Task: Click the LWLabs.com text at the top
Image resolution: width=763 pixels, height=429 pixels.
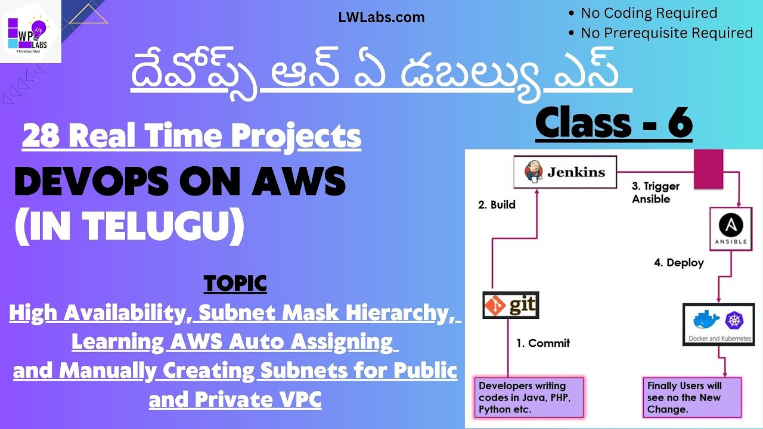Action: point(381,17)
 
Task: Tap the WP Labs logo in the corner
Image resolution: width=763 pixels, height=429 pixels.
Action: point(31,32)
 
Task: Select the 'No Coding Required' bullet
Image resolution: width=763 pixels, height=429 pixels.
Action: point(649,13)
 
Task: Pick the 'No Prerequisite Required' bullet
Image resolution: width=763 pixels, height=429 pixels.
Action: point(666,33)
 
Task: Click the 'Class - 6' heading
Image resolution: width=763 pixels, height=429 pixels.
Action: point(613,123)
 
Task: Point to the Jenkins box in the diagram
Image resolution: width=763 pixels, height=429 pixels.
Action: point(565,173)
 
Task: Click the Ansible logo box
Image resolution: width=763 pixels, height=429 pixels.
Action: point(731,229)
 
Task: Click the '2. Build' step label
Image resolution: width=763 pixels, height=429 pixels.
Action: point(497,204)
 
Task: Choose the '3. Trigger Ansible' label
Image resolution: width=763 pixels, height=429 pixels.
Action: point(655,192)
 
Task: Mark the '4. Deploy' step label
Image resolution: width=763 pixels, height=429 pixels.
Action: point(678,263)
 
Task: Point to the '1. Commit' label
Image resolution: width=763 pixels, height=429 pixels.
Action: point(542,343)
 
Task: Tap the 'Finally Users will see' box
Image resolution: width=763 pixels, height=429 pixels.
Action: point(691,397)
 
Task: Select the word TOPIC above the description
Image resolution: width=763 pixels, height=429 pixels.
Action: point(235,284)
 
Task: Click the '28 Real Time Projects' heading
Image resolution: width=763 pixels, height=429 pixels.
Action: point(191,136)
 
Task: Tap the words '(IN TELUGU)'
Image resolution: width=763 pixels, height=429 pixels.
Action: point(129,228)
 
